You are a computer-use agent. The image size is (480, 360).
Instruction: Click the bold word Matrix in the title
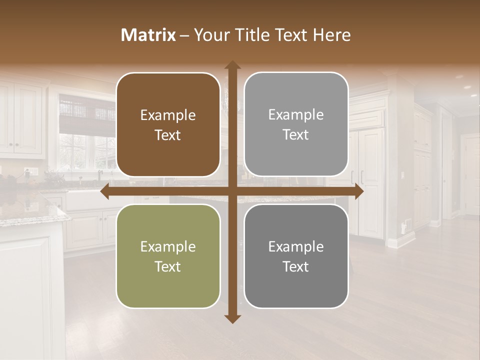[x=148, y=35]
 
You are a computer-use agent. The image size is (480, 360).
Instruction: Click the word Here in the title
[x=332, y=35]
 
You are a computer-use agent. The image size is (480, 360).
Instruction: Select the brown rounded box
[x=168, y=124]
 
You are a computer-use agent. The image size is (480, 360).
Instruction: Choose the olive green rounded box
[x=168, y=256]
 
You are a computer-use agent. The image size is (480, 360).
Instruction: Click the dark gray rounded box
[x=296, y=256]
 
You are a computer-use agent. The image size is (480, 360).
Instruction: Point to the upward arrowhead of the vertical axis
[x=232, y=65]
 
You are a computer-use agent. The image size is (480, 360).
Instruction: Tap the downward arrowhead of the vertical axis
[x=232, y=319]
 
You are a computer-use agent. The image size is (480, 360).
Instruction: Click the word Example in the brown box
[x=168, y=115]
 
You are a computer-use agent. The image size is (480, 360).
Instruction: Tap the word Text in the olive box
[x=168, y=266]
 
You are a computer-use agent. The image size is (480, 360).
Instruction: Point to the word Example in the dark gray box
[x=296, y=246]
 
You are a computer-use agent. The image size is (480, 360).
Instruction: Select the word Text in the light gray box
[x=296, y=134]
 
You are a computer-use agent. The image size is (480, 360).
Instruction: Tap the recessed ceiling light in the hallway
[x=467, y=87]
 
